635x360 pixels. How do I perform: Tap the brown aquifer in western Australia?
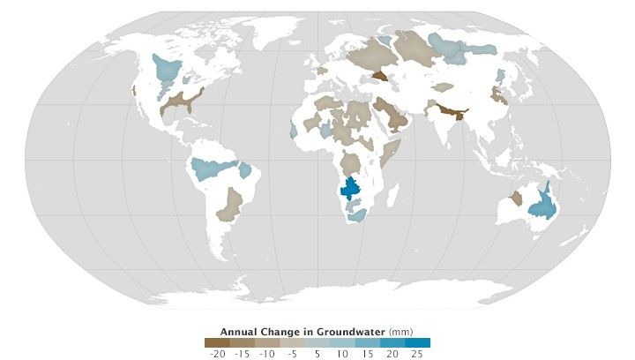pos(516,199)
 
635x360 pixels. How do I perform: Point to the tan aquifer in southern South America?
pos(231,205)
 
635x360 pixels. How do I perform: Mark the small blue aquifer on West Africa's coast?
pos(293,131)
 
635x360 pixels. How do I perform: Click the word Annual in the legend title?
pos(238,332)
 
